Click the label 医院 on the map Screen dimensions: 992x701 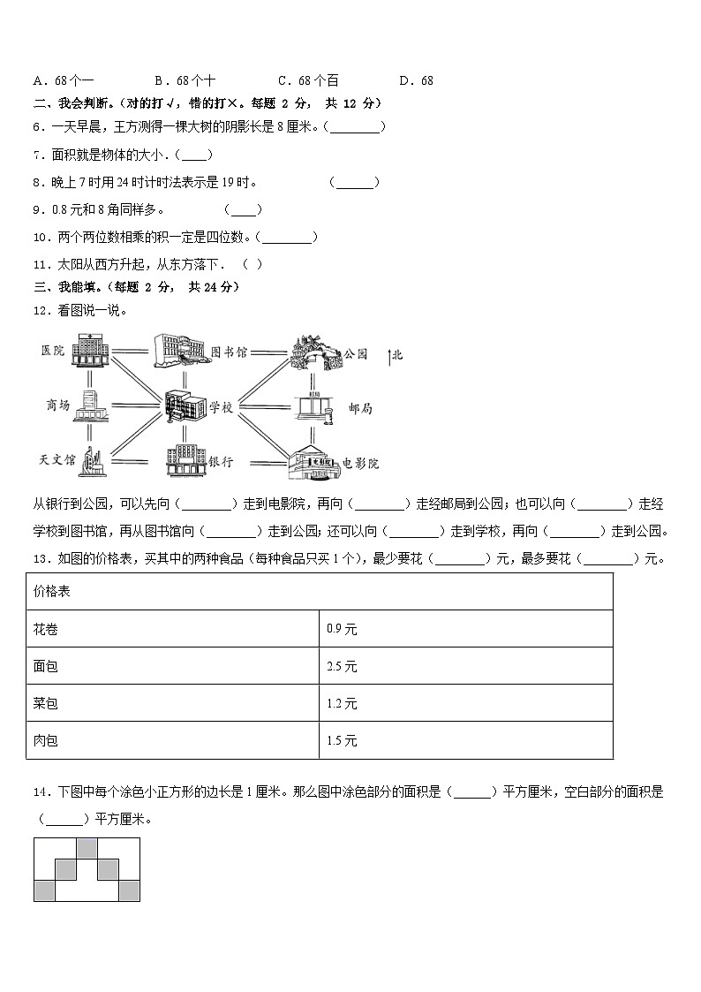(x=53, y=351)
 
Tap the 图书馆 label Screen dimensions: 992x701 (x=229, y=351)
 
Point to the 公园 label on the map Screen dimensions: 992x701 (x=355, y=352)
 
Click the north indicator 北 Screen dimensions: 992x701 (x=396, y=355)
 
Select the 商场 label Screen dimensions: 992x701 (x=57, y=405)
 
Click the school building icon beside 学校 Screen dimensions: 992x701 (x=184, y=405)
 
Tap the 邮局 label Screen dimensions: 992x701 (x=360, y=408)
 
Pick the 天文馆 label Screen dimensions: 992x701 (x=57, y=459)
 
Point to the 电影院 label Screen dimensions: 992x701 (x=360, y=462)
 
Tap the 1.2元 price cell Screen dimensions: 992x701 (x=342, y=703)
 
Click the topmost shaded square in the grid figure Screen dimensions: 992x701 (x=87, y=848)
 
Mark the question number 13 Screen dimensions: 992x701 (x=40, y=558)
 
